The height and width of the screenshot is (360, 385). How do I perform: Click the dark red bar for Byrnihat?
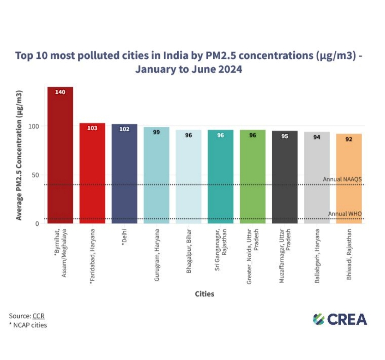(60, 157)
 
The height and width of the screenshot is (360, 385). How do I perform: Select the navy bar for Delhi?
(124, 174)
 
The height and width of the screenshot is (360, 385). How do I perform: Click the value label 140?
(60, 92)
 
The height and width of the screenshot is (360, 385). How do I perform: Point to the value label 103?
(92, 128)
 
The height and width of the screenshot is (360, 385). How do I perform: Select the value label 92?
(349, 139)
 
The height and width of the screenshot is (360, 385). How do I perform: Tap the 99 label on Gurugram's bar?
(156, 132)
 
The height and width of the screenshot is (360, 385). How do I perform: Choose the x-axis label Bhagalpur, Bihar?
(188, 254)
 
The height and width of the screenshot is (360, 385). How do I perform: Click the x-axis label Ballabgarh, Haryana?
(317, 256)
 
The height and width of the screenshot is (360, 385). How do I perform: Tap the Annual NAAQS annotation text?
(342, 179)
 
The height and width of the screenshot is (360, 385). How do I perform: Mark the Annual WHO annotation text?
(345, 214)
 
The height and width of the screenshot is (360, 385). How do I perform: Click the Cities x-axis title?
(205, 294)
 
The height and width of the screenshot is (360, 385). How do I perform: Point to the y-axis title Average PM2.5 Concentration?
(19, 155)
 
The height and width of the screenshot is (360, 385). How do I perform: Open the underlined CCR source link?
(38, 316)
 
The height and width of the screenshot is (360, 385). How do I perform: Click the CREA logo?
(340, 319)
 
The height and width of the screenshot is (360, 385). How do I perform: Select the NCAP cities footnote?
(28, 325)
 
